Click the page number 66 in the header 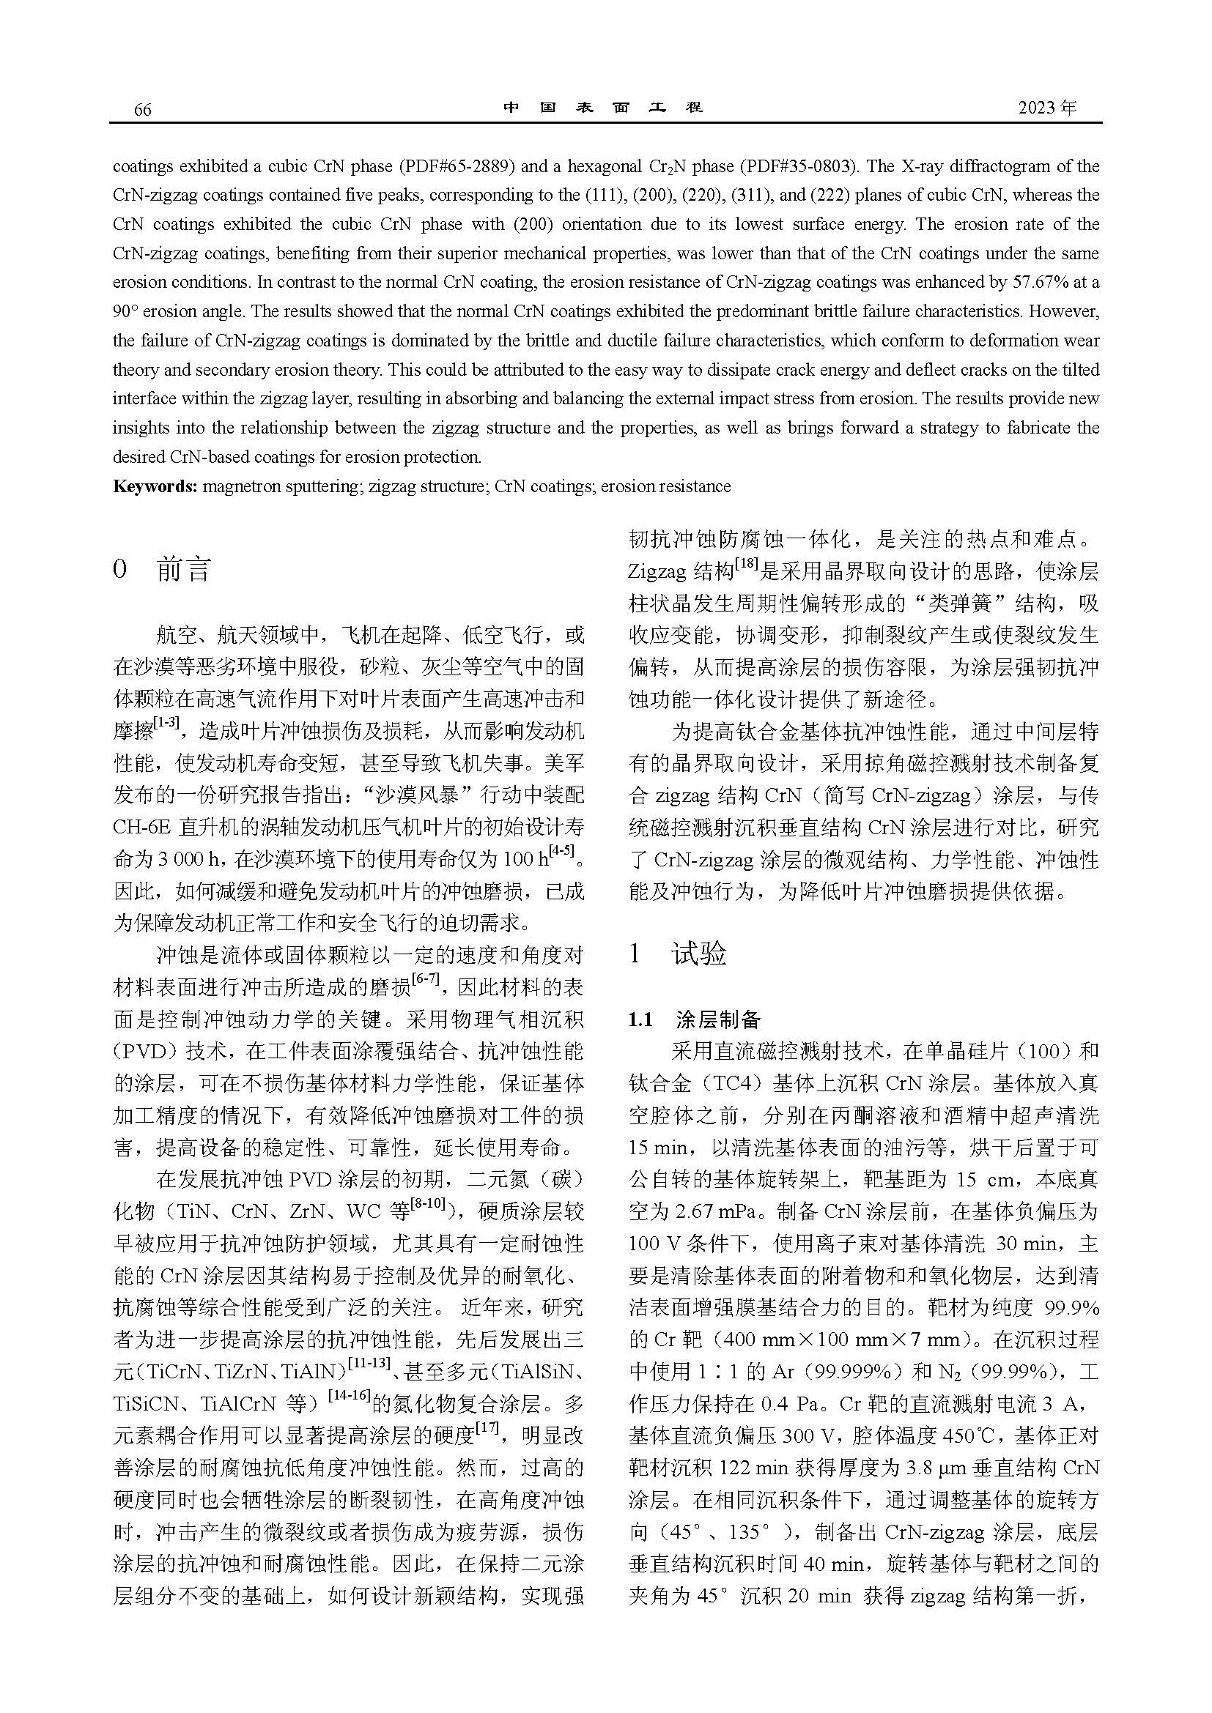(x=142, y=110)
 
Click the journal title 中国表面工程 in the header (x=603, y=108)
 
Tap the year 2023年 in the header (x=1047, y=108)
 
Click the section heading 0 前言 (x=162, y=570)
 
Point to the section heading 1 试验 (x=678, y=954)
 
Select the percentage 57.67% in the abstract (x=1052, y=283)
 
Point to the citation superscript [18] (x=746, y=567)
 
